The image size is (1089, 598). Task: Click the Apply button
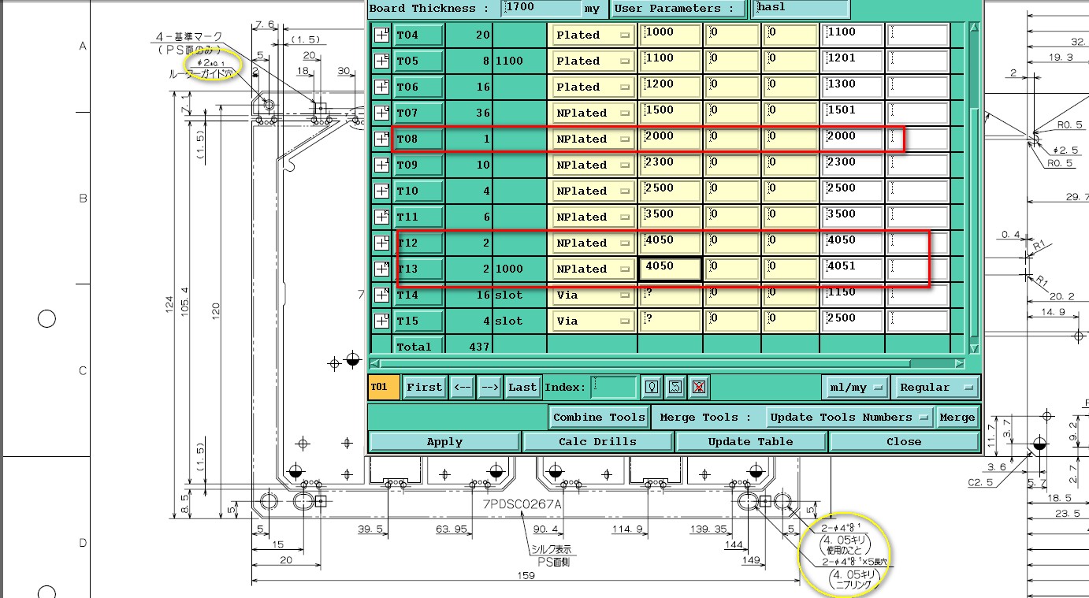tap(444, 442)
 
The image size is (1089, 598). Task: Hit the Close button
tap(903, 442)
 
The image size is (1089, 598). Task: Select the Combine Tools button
tap(599, 418)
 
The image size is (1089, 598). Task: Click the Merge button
tap(957, 418)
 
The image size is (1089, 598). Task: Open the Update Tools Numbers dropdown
tap(849, 418)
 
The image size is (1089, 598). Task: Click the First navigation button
tap(424, 388)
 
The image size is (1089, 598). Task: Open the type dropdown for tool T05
tap(593, 61)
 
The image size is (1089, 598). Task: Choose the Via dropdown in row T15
tap(593, 321)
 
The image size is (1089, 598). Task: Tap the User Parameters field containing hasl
tap(800, 9)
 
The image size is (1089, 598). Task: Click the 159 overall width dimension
tap(526, 576)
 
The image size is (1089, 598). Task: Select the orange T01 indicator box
tap(384, 388)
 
